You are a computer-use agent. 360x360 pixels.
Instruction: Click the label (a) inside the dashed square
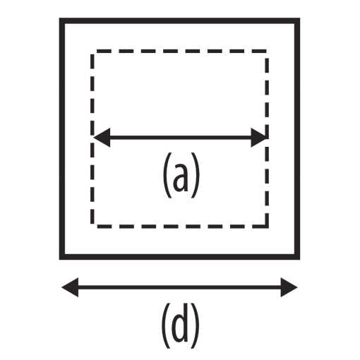(181, 175)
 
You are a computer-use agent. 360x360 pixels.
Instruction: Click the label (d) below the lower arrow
(180, 326)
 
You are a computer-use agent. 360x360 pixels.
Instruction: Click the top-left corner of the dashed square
(92, 51)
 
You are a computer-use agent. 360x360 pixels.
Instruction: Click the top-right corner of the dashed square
(267, 51)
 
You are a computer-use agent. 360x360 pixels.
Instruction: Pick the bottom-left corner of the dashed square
(92, 227)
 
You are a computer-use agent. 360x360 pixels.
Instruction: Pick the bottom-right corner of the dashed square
(267, 227)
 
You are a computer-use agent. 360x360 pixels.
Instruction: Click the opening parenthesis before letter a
(167, 175)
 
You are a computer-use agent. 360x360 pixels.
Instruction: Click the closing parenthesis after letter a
(195, 175)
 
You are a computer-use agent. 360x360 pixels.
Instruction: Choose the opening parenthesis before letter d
(166, 326)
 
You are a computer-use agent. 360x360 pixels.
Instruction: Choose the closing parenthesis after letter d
(195, 326)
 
